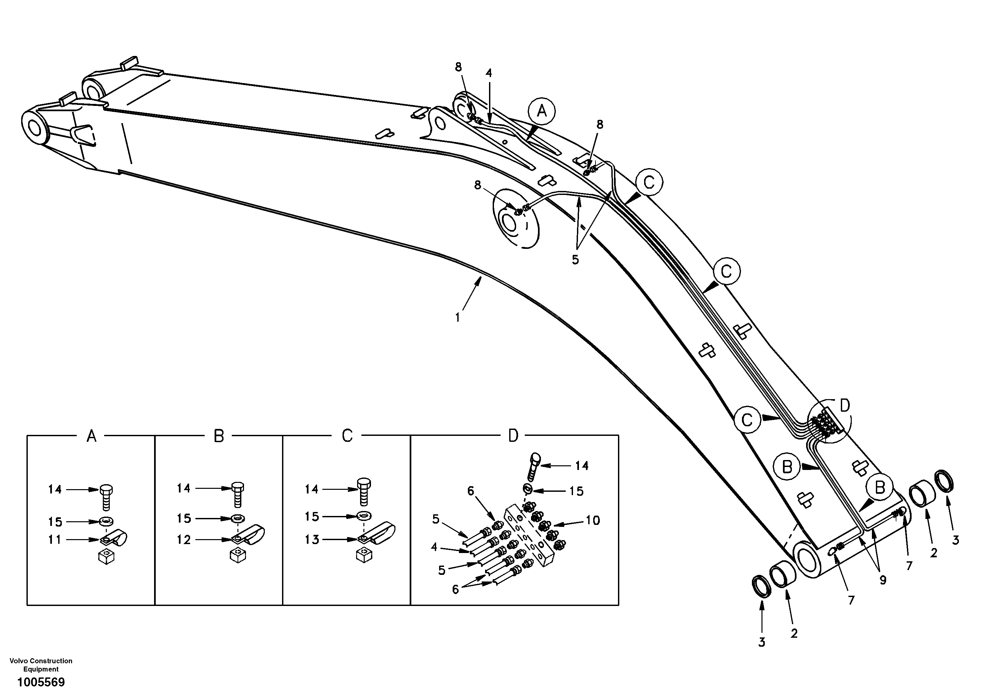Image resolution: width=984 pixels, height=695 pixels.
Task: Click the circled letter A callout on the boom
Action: pyautogui.click(x=542, y=112)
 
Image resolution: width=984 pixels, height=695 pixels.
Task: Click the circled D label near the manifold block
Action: pyautogui.click(x=844, y=405)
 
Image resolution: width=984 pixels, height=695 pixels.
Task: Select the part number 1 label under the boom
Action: pyautogui.click(x=458, y=317)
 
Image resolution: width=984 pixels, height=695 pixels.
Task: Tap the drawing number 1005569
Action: pyautogui.click(x=41, y=682)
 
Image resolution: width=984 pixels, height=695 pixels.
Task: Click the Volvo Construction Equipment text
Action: pyautogui.click(x=41, y=665)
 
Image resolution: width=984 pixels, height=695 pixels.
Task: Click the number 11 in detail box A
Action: pyautogui.click(x=55, y=539)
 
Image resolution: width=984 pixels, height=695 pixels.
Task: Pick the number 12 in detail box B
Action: pyautogui.click(x=184, y=539)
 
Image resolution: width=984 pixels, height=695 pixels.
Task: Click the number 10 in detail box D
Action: pyautogui.click(x=593, y=520)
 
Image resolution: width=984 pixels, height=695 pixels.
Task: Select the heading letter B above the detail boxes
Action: pyautogui.click(x=219, y=436)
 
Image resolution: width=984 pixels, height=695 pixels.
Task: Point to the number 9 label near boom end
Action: pyautogui.click(x=883, y=580)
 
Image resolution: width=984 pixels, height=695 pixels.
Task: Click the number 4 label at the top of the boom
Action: pyautogui.click(x=489, y=73)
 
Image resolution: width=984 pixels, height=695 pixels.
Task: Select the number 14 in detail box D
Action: pyautogui.click(x=582, y=465)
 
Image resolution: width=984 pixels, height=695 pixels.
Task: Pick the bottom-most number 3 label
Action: pyautogui.click(x=761, y=654)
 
